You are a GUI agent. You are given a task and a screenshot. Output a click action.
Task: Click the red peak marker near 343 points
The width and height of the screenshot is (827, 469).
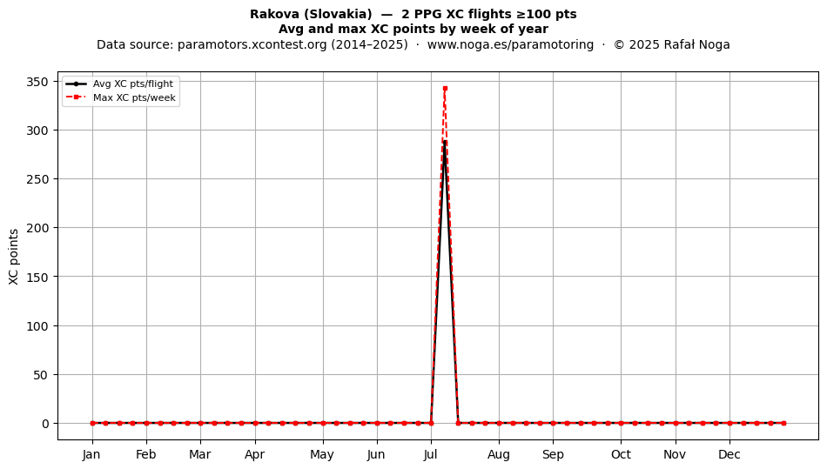pos(445,89)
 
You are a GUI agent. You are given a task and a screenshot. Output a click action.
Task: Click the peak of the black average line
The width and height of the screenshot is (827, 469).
pos(445,142)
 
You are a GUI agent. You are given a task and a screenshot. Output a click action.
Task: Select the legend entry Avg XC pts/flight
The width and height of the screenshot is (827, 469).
pos(133,84)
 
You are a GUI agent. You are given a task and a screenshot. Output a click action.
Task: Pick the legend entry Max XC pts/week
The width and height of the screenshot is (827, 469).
pos(134,97)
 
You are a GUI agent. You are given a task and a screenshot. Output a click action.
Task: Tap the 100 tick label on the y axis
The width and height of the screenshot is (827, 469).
pos(37,326)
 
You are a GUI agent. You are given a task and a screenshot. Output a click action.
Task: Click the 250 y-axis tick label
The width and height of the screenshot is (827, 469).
pos(37,179)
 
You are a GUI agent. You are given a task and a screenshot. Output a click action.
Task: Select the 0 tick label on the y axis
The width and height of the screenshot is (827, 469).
pos(45,424)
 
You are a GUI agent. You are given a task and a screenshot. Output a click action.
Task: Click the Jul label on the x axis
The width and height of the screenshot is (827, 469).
pos(431,454)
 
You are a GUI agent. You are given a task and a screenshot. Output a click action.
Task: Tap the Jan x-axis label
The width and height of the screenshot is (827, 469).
pos(91,454)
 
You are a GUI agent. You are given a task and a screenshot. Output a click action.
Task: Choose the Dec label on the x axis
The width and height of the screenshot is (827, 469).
pos(730,454)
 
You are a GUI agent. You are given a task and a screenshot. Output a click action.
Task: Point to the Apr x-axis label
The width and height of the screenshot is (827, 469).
pos(255,454)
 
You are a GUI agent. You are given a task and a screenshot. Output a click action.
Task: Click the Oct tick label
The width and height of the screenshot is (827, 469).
pos(621,454)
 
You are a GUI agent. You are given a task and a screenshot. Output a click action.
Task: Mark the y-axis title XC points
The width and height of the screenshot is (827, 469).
pos(14,257)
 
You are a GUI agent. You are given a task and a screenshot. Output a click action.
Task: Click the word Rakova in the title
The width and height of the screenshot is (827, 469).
pos(273,14)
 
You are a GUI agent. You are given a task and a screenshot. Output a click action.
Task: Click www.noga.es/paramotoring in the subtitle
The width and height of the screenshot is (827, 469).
pos(510,44)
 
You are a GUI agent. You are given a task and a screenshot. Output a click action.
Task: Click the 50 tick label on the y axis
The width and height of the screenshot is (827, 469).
pos(41,375)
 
